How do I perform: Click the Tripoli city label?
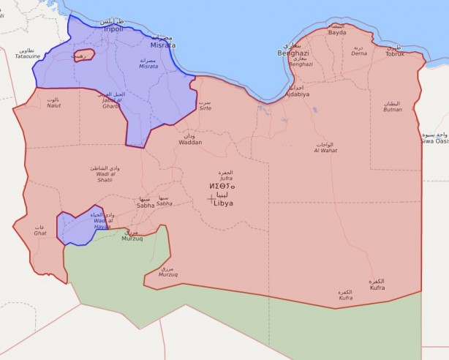(x=112, y=29)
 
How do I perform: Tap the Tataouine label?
(x=28, y=56)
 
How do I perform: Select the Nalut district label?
(x=53, y=105)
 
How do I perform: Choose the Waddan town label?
(x=190, y=142)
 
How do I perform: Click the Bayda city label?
(x=337, y=33)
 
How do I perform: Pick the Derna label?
(x=359, y=53)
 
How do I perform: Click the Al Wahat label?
(x=325, y=150)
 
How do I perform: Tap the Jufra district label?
(x=226, y=177)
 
